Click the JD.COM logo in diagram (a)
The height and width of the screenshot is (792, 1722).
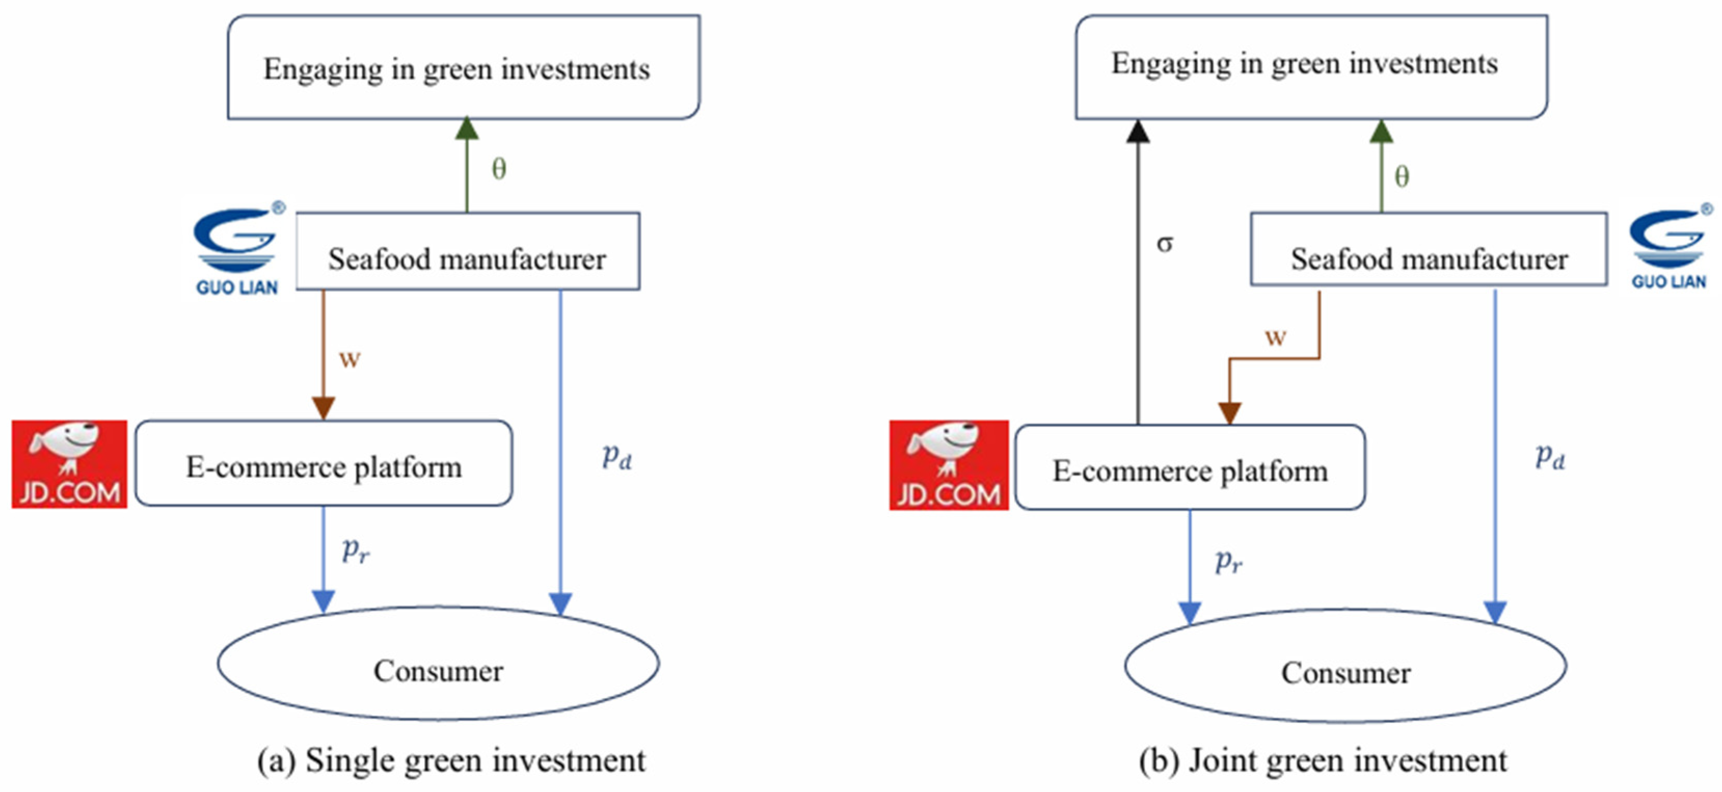click(69, 464)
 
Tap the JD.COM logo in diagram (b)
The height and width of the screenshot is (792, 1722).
click(948, 465)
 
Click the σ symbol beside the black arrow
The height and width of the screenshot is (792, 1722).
click(1164, 244)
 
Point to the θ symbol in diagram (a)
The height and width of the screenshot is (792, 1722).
click(499, 169)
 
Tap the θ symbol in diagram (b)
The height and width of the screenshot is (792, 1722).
click(1402, 177)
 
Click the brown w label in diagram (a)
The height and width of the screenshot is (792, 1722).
click(349, 359)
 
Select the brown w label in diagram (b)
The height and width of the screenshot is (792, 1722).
click(1276, 337)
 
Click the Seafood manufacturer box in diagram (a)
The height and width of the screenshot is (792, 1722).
click(467, 251)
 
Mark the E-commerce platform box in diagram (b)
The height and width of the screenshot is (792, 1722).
click(1190, 467)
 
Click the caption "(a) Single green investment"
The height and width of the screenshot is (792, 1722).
click(452, 760)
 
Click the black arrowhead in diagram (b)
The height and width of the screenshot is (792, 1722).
click(1138, 132)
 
